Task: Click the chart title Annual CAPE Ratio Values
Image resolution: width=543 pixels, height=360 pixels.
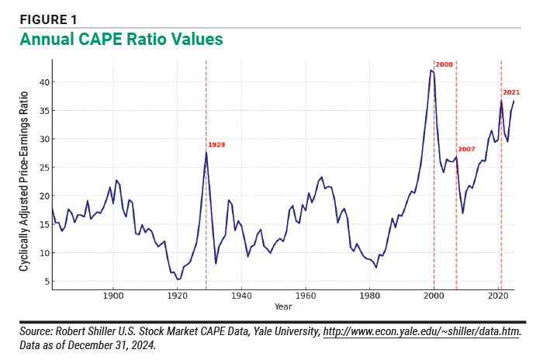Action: coord(121,39)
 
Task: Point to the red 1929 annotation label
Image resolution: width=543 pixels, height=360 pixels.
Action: coord(216,144)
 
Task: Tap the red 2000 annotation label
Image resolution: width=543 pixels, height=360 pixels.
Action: coord(444,64)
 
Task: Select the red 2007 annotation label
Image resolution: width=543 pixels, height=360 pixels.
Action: coord(465,149)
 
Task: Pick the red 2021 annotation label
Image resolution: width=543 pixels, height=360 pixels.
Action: coord(511,92)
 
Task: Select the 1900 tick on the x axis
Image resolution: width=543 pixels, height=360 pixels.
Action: coord(113,296)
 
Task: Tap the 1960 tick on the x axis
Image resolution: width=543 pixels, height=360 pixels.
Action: coord(305,296)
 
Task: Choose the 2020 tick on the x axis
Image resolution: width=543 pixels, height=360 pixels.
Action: coord(496,296)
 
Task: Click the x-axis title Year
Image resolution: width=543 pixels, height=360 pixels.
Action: coord(283,307)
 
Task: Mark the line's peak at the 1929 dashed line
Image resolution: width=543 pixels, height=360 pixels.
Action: coord(206,152)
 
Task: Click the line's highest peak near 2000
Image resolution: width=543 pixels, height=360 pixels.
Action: coord(431,71)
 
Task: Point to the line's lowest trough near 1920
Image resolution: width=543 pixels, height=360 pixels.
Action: coord(178,279)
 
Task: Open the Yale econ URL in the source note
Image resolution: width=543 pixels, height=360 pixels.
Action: coord(422,333)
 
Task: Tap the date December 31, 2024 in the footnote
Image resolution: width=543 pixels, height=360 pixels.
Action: coord(118,345)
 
